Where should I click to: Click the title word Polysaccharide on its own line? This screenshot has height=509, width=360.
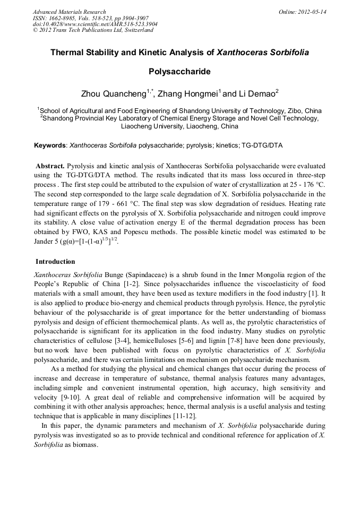tap(179, 71)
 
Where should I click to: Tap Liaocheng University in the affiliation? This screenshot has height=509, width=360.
tap(152, 127)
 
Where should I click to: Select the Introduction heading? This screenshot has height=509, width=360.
tap(55, 262)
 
